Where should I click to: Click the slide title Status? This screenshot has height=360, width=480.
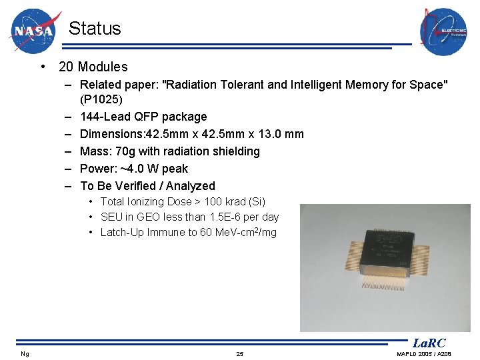(x=95, y=29)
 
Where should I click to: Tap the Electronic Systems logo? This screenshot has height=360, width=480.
(x=443, y=31)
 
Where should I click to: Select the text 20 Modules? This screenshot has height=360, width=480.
(x=93, y=67)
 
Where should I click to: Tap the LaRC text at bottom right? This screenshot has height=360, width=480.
(x=429, y=343)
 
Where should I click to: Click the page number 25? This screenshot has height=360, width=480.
(x=239, y=354)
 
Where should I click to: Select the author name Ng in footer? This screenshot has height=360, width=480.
(x=25, y=354)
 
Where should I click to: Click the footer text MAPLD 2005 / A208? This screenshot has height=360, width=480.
(x=423, y=354)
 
